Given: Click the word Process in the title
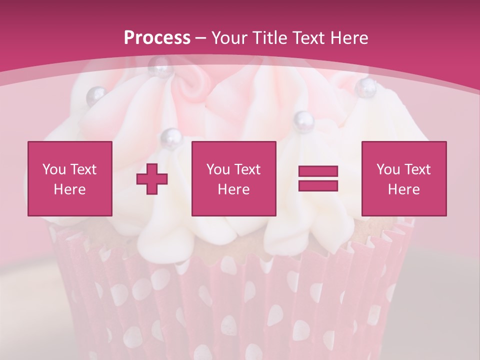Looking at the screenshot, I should coord(157,38).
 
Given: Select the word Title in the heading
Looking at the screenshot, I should coord(270,38).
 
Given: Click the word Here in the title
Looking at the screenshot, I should coord(349,38).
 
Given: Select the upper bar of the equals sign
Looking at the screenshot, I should coord(318,171).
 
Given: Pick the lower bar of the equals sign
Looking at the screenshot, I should coord(318,185).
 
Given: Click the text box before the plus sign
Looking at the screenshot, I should coord(70,178).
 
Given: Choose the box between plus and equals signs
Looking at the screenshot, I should coord(233,178).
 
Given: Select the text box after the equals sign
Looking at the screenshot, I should coord(404,178).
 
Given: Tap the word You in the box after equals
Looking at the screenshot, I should coord(388,169).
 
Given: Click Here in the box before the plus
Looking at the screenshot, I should coord(69,189).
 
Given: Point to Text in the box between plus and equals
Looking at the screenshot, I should coord(247,169).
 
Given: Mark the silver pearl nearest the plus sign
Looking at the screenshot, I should coord(170,136).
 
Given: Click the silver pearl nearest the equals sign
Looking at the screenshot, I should coord(303,119).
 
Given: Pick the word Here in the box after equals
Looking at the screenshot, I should coord(403,189).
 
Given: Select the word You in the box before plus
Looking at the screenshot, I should coord(54,169).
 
